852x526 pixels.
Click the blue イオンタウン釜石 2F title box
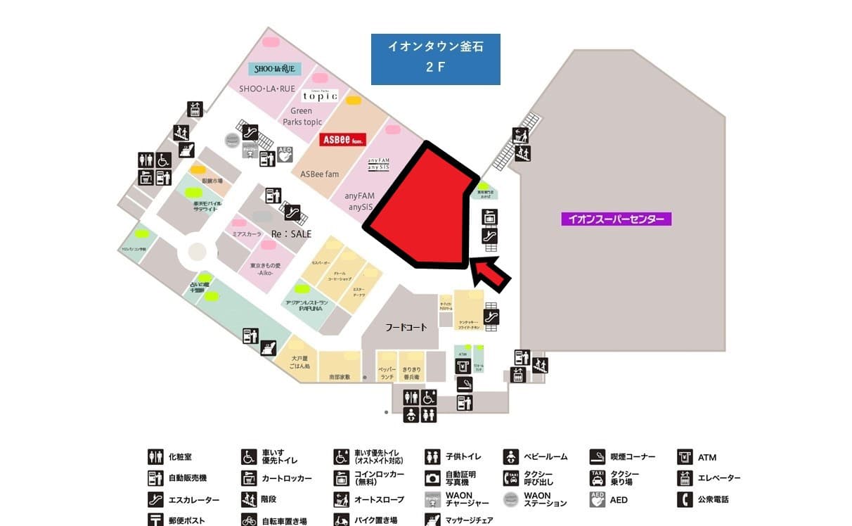[435, 59]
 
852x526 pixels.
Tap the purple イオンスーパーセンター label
[616, 219]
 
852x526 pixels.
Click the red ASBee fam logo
[340, 140]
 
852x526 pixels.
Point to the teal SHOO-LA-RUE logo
[274, 69]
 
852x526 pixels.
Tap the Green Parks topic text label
[302, 116]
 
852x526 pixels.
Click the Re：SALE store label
[291, 233]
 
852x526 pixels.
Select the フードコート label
[406, 328]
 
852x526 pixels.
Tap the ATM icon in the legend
[685, 457]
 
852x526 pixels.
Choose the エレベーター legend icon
[685, 478]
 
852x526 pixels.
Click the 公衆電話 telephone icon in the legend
[685, 499]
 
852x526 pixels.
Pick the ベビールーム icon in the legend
[511, 457]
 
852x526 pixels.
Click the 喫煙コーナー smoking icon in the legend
[598, 457]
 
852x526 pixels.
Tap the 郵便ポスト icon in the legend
[155, 520]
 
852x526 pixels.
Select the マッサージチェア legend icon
[433, 520]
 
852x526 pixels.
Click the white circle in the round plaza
[197, 251]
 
